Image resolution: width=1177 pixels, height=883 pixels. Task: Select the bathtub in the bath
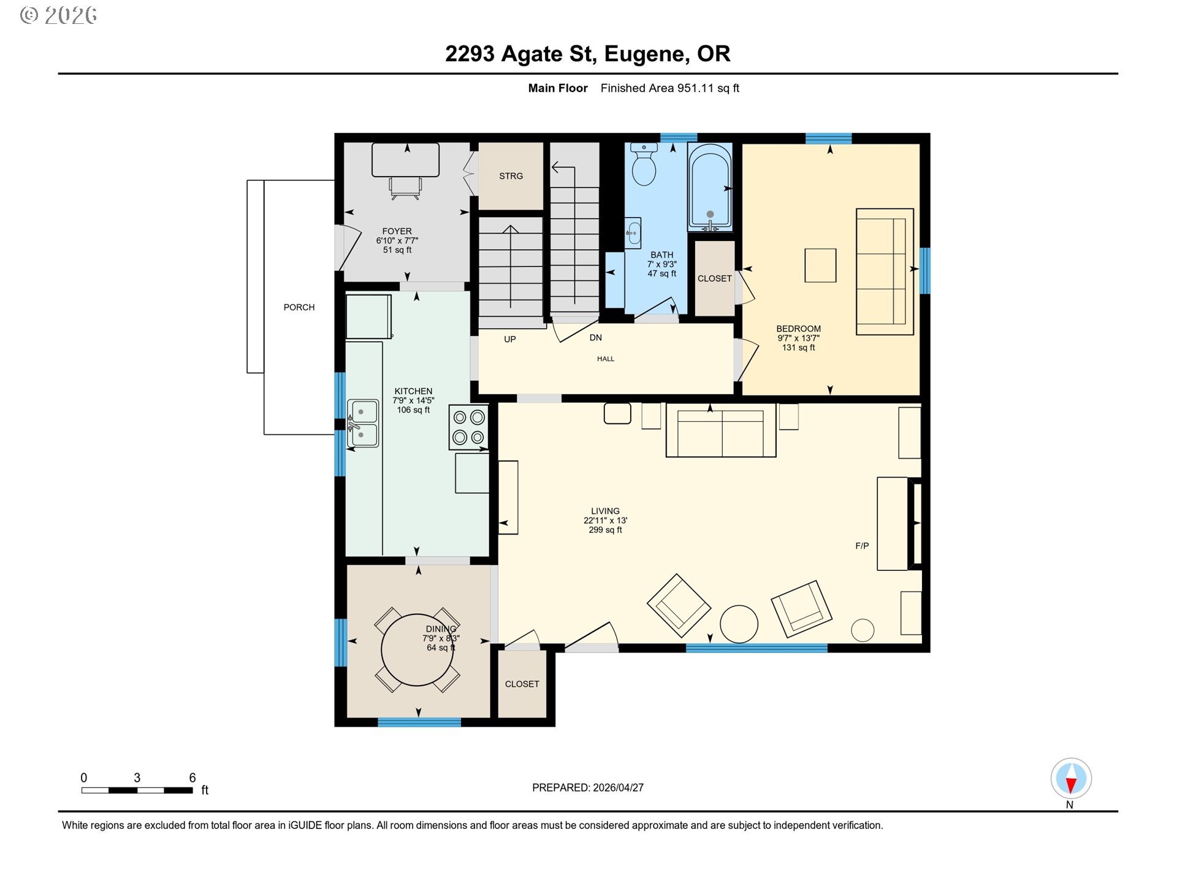[x=710, y=187]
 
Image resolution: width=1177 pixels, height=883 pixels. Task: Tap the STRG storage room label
[x=511, y=176]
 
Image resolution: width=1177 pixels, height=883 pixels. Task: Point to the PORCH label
[x=299, y=307]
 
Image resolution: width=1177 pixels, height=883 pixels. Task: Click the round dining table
[x=417, y=650]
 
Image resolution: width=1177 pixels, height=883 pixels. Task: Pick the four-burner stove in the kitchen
[x=469, y=427]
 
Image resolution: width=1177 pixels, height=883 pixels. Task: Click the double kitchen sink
[x=363, y=423]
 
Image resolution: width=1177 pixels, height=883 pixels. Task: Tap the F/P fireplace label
[x=862, y=546]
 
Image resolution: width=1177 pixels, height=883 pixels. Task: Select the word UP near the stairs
[x=510, y=340]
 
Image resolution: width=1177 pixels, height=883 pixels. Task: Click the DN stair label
[x=596, y=338]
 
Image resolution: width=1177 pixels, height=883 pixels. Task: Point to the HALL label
[x=606, y=359]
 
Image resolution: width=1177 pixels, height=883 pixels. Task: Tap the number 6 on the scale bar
[x=192, y=778]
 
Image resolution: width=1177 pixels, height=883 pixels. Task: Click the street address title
[x=588, y=54]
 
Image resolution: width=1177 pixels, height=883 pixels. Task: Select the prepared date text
[x=588, y=788]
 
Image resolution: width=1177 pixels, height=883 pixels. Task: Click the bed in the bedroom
[x=885, y=272]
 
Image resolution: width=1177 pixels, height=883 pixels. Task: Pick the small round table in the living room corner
[x=863, y=630]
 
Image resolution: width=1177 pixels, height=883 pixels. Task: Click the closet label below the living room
[x=522, y=684]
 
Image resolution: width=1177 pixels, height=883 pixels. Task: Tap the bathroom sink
[x=633, y=233]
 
